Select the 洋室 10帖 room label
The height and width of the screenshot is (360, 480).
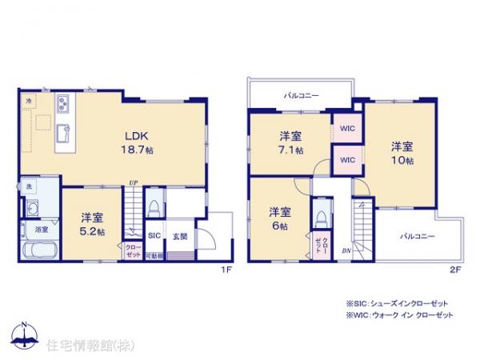click(402, 153)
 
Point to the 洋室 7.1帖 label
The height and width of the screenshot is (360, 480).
click(290, 142)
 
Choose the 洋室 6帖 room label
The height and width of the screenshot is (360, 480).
click(278, 218)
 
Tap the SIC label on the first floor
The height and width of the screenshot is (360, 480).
click(154, 237)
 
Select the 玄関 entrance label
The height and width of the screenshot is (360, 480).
click(180, 237)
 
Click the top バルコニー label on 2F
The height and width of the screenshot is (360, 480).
click(302, 96)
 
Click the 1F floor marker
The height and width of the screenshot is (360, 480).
click(226, 270)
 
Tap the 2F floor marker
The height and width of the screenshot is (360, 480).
click(454, 270)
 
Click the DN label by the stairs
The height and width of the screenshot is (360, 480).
click(345, 250)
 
